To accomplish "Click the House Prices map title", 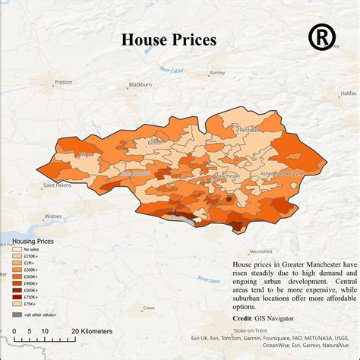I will [x=169, y=39].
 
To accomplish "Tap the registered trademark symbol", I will [x=323, y=37].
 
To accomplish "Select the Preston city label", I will [x=63, y=81].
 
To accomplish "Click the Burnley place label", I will [x=217, y=74].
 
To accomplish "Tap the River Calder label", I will [x=172, y=70].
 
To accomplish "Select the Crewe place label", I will [x=149, y=308].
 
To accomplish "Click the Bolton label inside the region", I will [x=155, y=142].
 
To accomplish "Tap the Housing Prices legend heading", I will [x=35, y=241].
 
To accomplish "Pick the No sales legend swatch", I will [x=17, y=249].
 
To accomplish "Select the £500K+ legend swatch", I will [x=17, y=289].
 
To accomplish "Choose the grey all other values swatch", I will [x=17, y=314].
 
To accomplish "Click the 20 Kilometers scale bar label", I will [x=92, y=331].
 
